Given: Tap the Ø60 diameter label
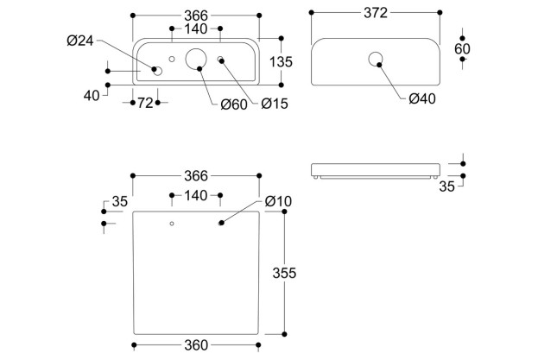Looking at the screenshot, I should [232, 104].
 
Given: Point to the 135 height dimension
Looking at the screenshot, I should [282, 62].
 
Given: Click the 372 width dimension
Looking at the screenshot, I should [375, 13].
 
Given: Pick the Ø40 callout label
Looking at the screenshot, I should [421, 98].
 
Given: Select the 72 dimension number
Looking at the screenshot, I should [144, 104].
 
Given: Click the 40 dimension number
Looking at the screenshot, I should [92, 95].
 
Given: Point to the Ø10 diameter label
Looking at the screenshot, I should [278, 201].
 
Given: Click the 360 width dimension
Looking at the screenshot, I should [196, 345].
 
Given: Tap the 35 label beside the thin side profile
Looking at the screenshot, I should [446, 185].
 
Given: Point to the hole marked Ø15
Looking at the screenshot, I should [221, 60].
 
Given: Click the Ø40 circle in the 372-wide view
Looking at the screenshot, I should [377, 60].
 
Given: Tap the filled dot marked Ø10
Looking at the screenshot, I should [221, 224].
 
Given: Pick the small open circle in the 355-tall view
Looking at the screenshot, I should [172, 224].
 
